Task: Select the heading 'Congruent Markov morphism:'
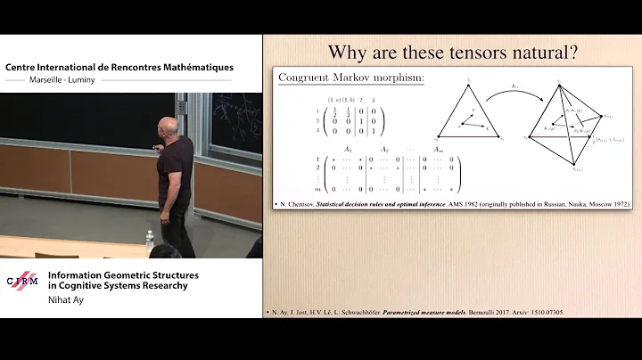coord(352,79)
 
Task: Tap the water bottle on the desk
coord(149,238)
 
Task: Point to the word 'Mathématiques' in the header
coord(192,66)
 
